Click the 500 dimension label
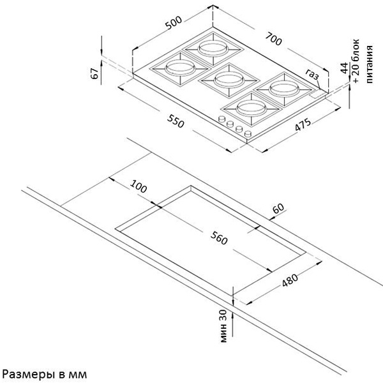pos(174,22)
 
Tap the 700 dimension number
pos(274,39)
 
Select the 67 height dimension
pos(94,73)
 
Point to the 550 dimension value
pos(176,121)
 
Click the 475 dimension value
pos(303,124)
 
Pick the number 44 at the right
pos(344,68)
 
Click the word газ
pos(312,74)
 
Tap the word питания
pos(370,64)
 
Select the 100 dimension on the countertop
pos(139,186)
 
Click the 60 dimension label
pos(278,208)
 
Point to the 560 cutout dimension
pos(219,238)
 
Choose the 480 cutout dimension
pos(290,280)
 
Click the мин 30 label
pos(223,326)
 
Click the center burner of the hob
pos(229,79)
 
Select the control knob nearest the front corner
pos(248,133)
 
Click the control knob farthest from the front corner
pos(222,119)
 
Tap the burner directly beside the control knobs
pos(251,107)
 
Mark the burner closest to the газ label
pos(284,89)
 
